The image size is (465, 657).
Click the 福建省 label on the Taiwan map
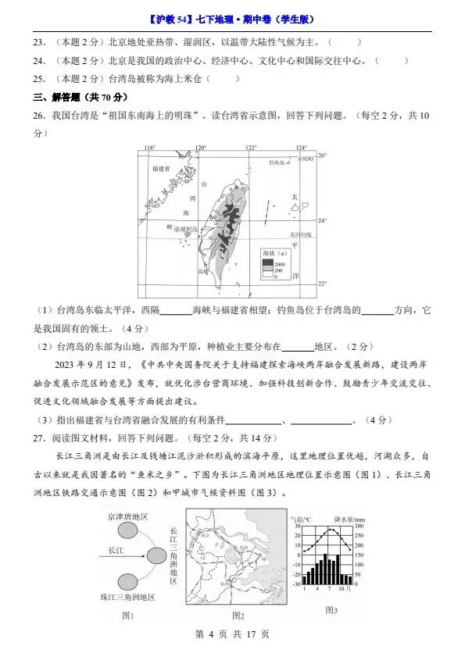click(x=162, y=168)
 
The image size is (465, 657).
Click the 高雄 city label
click(x=204, y=271)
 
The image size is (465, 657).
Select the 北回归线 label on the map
click(x=301, y=234)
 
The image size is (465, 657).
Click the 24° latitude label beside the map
click(x=321, y=220)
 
